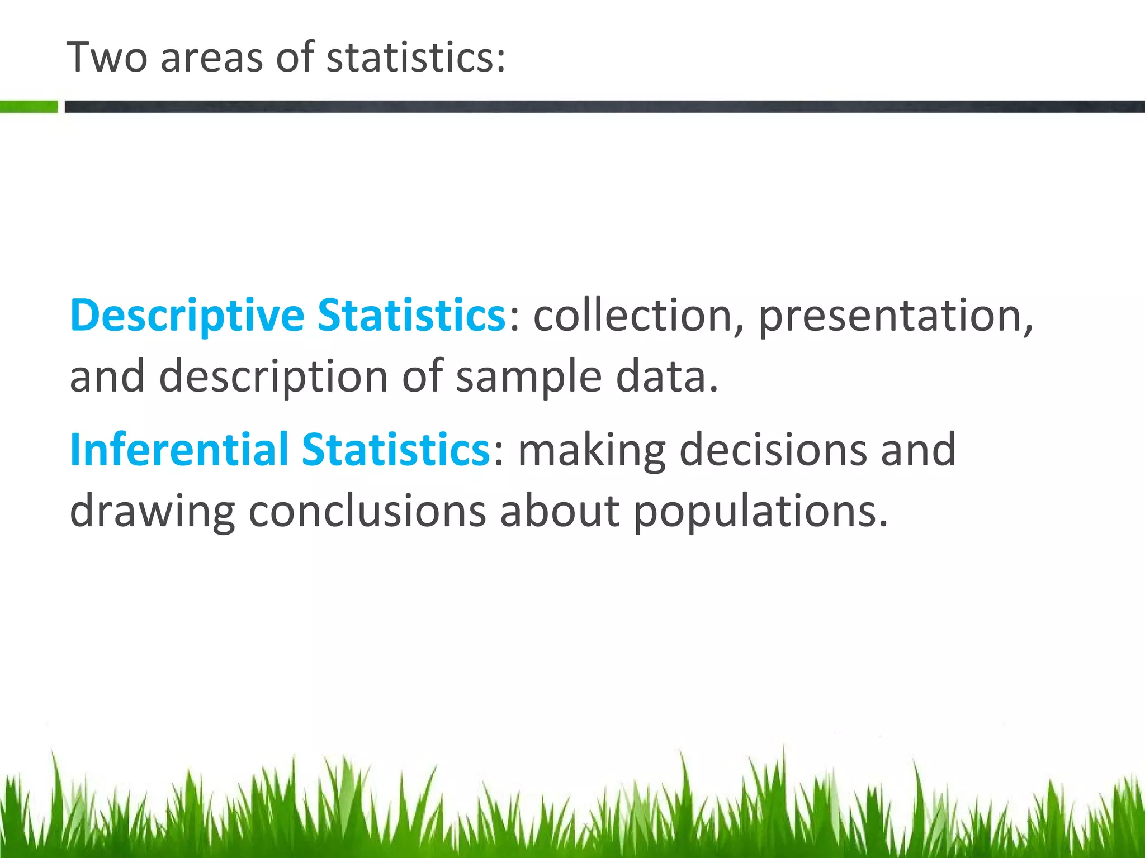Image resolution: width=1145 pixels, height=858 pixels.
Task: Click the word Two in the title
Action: pos(107,58)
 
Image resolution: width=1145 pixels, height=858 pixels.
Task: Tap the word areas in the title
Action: pos(211,59)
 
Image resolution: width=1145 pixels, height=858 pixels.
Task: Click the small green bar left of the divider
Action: pos(29,107)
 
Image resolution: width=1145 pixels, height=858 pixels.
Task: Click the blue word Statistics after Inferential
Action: pos(396,450)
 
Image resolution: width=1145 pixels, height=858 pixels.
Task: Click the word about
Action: pos(560,511)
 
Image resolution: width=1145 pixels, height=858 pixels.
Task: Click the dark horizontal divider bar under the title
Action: pos(604,107)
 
